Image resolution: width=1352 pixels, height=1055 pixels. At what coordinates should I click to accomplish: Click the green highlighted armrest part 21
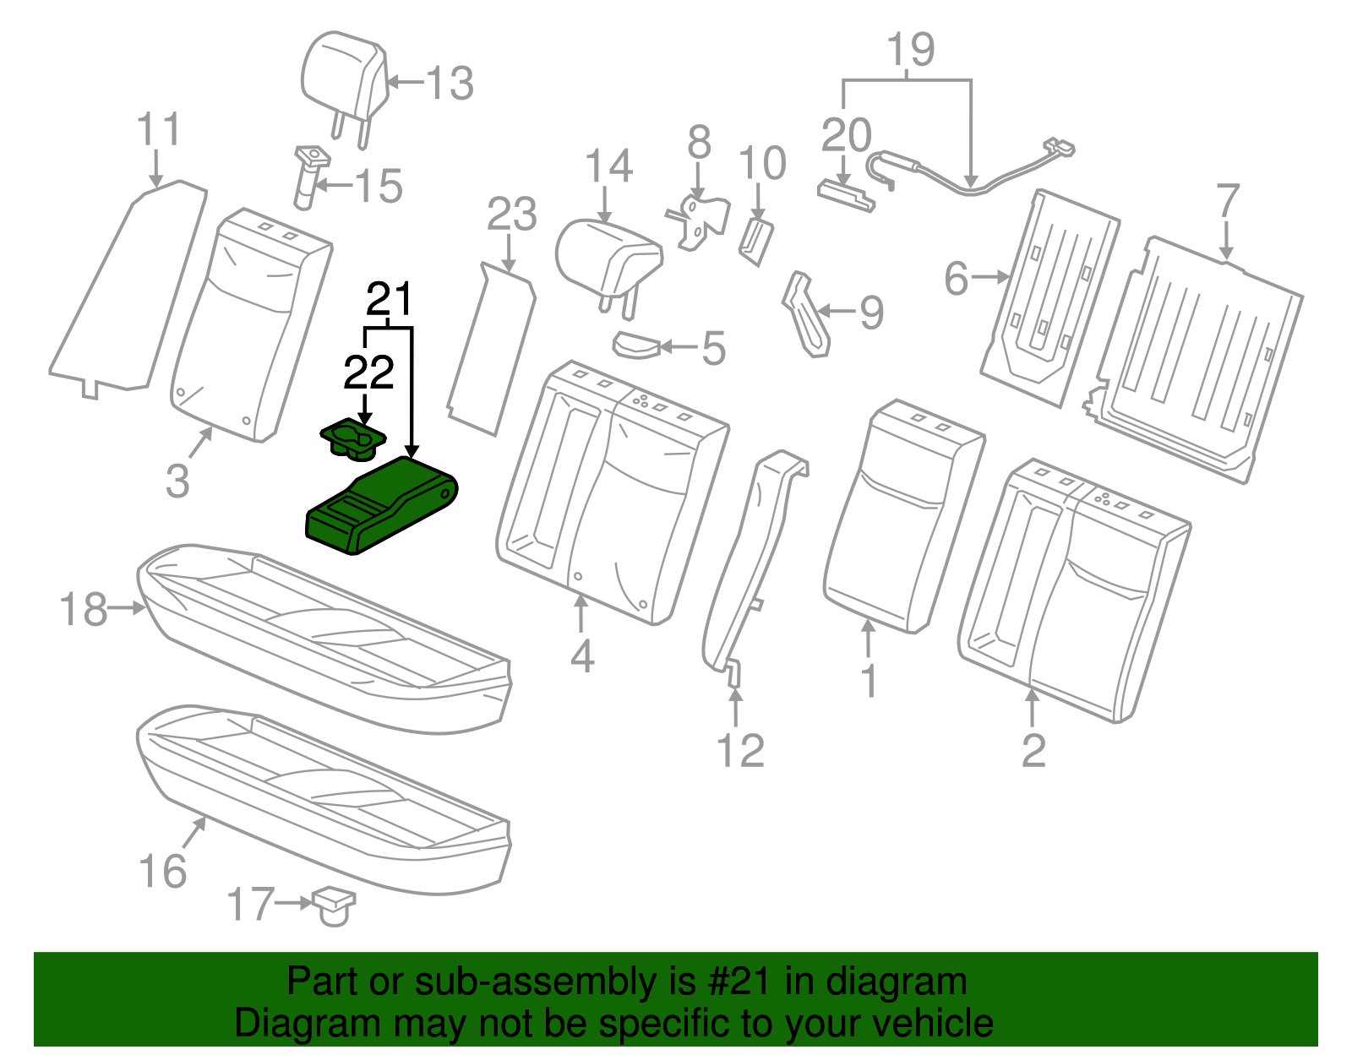pyautogui.click(x=380, y=507)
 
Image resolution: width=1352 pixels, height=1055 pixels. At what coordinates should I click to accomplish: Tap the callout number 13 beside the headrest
pyautogui.click(x=450, y=84)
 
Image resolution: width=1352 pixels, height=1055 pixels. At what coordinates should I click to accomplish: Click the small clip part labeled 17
pyautogui.click(x=335, y=905)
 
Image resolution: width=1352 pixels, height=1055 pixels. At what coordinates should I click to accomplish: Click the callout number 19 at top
pyautogui.click(x=911, y=51)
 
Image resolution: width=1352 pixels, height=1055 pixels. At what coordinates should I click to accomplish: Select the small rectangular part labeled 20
pyautogui.click(x=845, y=194)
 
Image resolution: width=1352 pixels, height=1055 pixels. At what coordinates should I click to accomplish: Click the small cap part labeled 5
pyautogui.click(x=635, y=345)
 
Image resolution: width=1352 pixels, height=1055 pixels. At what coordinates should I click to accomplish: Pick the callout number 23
pyautogui.click(x=512, y=215)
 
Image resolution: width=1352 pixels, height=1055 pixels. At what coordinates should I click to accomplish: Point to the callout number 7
pyautogui.click(x=1227, y=201)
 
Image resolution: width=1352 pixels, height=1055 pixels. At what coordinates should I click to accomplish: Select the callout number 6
pyautogui.click(x=956, y=279)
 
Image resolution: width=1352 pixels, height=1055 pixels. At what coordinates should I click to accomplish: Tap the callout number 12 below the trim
pyautogui.click(x=740, y=750)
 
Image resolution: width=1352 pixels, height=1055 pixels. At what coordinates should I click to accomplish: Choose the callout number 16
pyautogui.click(x=162, y=872)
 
